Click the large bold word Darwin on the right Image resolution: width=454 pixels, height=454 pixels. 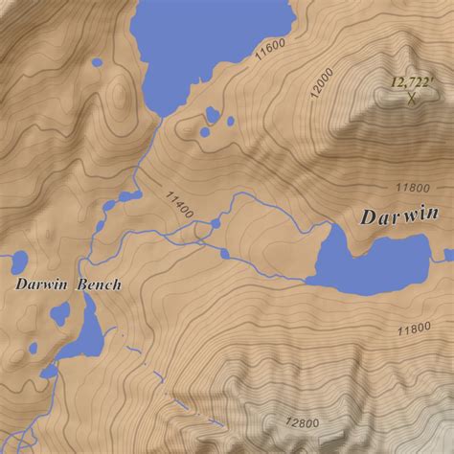399,216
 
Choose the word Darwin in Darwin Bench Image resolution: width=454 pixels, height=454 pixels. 40,284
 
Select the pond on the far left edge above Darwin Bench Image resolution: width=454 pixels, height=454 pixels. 15,260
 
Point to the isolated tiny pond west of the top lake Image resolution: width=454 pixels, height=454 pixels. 97,64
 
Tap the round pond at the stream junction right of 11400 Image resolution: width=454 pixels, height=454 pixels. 216,223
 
